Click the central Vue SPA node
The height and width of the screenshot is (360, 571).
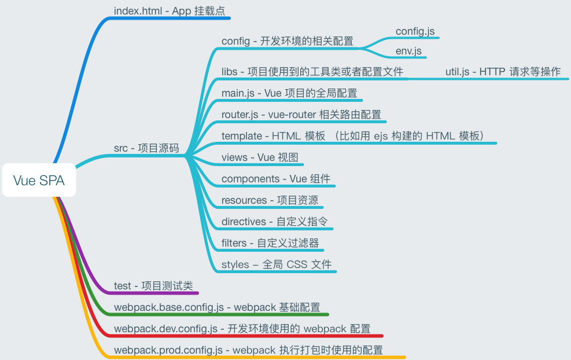39,181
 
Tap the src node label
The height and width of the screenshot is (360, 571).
146,149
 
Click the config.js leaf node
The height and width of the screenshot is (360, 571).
415,31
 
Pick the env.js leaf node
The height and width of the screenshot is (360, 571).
409,51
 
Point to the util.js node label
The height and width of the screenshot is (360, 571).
503,72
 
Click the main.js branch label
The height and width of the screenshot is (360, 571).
289,93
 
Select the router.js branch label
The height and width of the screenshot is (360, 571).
301,115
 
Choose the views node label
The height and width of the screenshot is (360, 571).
259,157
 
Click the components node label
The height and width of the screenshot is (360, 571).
276,179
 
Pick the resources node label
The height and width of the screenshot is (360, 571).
270,200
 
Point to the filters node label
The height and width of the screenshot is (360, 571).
270,243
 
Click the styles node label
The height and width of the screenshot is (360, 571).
277,265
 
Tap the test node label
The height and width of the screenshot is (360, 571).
153,286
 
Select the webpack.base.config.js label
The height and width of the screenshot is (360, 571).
217,307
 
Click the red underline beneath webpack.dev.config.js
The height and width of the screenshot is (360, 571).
243,336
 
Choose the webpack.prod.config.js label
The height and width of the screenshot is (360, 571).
248,350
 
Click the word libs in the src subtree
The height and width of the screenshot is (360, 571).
230,72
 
